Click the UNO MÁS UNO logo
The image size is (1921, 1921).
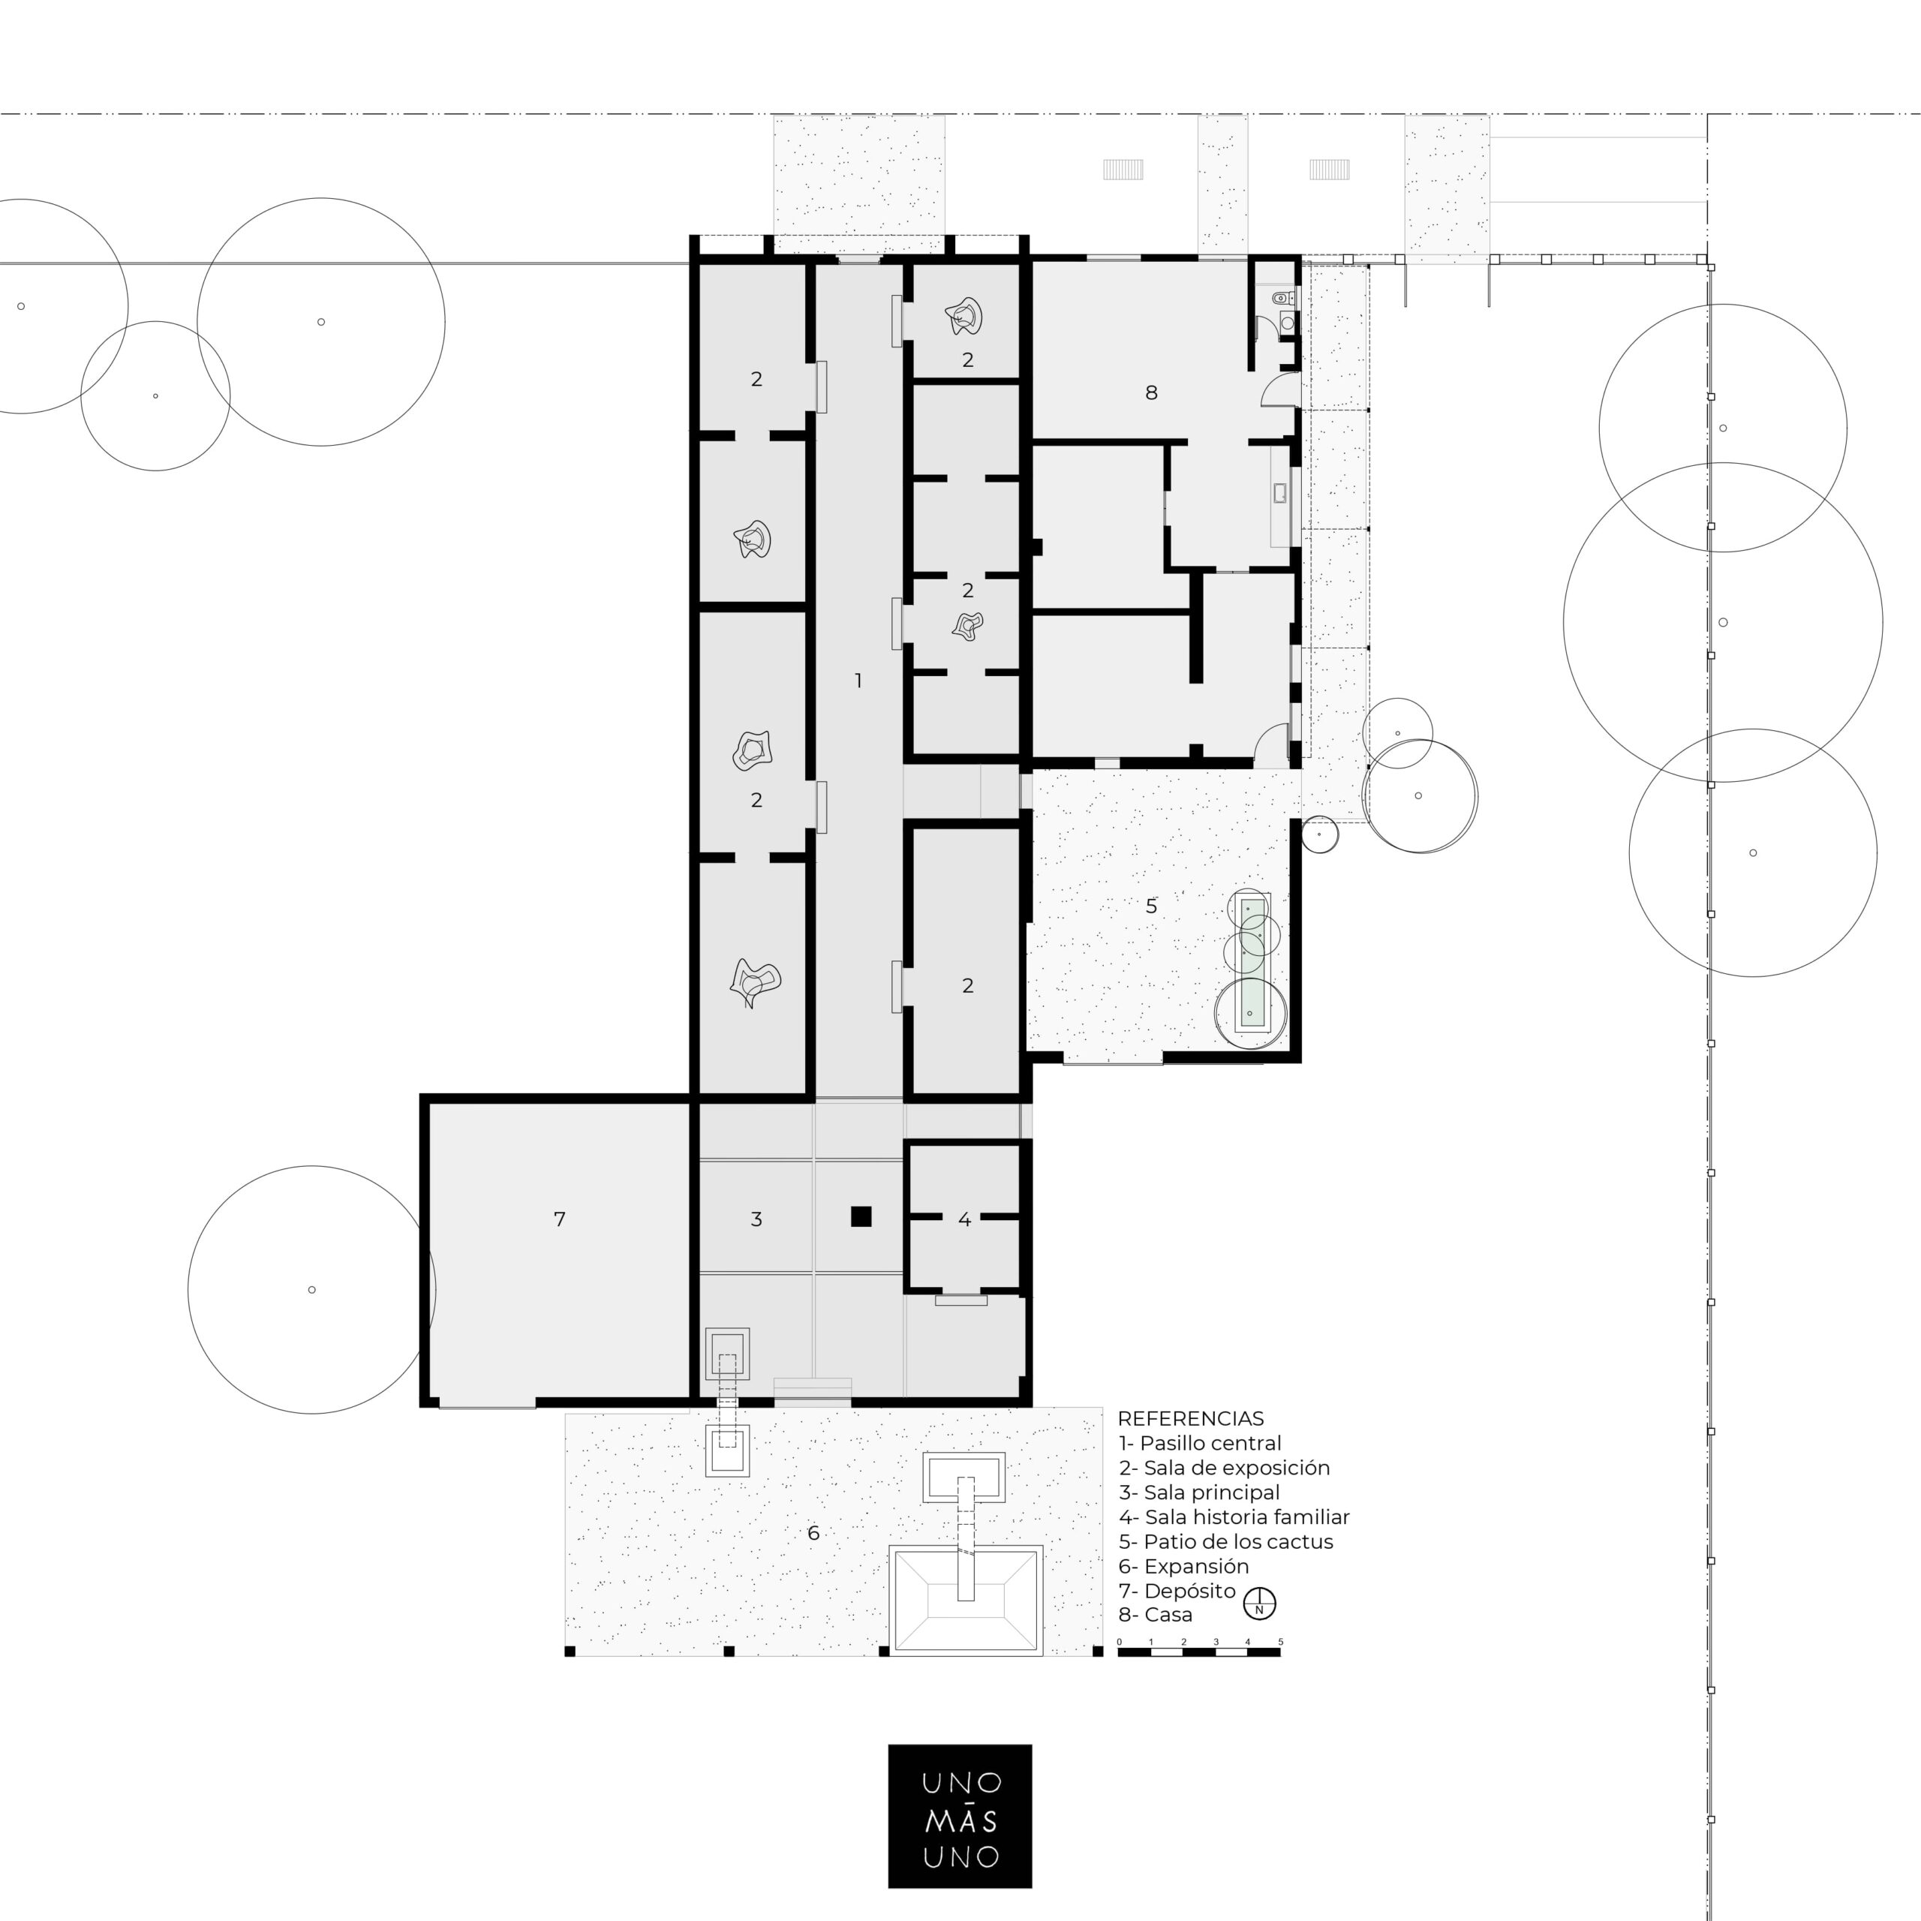coord(960,1816)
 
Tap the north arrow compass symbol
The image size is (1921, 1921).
coord(1260,1604)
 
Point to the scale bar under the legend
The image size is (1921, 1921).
coord(1199,1652)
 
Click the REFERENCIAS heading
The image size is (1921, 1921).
coord(1190,1419)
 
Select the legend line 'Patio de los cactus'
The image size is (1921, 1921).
coord(1225,1542)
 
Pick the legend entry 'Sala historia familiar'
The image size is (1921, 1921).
coord(1234,1517)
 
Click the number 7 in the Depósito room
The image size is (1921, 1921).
coord(560,1219)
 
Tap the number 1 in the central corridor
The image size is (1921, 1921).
coord(858,681)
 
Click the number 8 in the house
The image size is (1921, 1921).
coord(1151,392)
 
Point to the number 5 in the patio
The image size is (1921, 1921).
coord(1151,906)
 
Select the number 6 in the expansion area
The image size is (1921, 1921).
coord(813,1533)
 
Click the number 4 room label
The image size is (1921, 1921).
coord(964,1219)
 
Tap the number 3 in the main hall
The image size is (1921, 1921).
coord(756,1219)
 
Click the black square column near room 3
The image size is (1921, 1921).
coord(861,1216)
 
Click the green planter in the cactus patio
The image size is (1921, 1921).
coord(1251,964)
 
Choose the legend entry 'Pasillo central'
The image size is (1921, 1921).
coord(1199,1444)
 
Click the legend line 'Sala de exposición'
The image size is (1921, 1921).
coord(1224,1469)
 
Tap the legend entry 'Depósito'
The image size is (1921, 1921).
coord(1177,1591)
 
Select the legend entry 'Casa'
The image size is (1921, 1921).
coord(1156,1616)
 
